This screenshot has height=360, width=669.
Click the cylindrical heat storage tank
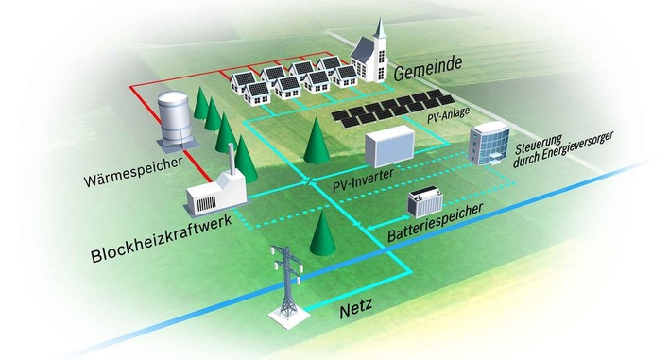(171, 118)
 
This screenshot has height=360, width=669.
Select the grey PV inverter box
(391, 148)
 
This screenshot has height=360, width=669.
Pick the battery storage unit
(426, 202)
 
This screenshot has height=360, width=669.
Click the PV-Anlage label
(443, 118)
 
